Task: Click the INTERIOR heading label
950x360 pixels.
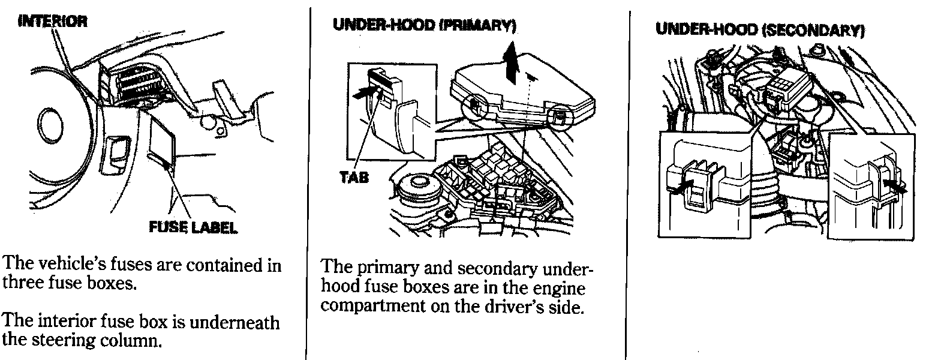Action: pos(53,22)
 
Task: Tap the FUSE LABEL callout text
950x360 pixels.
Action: pos(193,227)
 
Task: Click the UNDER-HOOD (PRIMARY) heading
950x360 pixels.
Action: pos(424,26)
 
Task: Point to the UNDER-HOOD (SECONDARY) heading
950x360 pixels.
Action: pos(760,31)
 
